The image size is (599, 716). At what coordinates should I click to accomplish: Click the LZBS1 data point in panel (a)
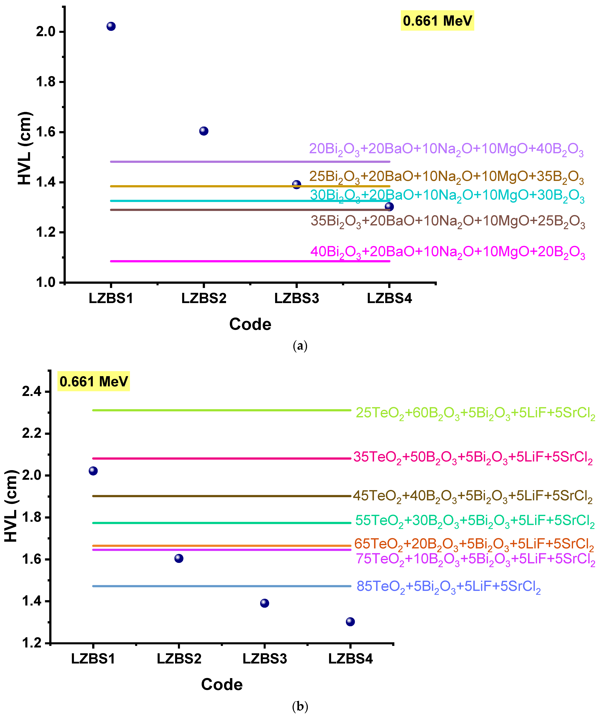111,26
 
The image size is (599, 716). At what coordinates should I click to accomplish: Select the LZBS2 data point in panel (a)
204,131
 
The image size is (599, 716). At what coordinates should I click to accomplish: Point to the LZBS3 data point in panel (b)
264,603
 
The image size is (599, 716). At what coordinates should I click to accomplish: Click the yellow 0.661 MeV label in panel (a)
437,20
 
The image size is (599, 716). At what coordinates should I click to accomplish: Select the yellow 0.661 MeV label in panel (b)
94,381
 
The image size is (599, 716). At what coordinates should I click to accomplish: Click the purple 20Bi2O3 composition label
446,149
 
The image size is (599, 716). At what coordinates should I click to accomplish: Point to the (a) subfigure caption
300,346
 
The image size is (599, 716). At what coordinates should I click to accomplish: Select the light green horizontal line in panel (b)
222,410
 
